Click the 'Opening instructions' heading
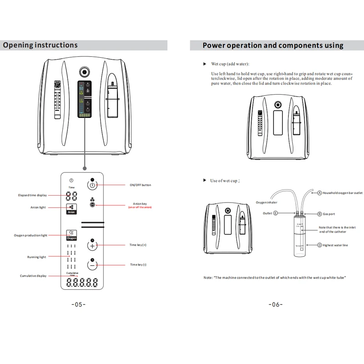click(40, 45)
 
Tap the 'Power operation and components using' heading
click(273, 45)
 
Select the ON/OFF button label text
click(140, 185)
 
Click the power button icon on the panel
click(92, 185)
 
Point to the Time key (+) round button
click(92, 245)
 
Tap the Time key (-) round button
click(92, 264)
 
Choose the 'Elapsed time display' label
click(32, 195)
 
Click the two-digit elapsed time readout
click(71, 197)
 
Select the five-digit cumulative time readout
click(82, 283)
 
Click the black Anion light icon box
click(71, 209)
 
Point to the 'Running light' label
click(36, 257)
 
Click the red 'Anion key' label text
click(140, 205)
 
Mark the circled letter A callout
click(319, 193)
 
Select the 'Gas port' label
click(329, 213)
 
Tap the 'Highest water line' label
click(335, 245)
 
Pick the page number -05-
click(79, 304)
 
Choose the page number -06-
click(276, 304)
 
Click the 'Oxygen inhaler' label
click(267, 202)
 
